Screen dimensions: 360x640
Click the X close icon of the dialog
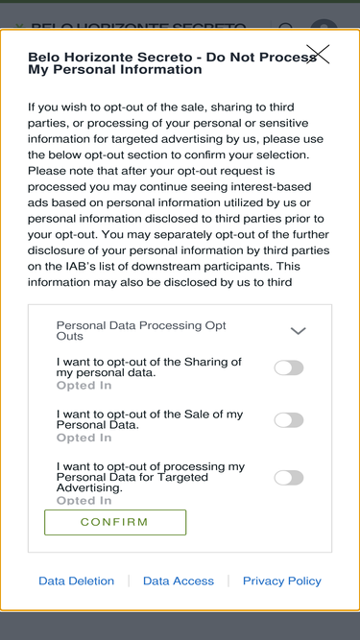pyautogui.click(x=318, y=54)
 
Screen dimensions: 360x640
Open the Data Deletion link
pyautogui.click(x=77, y=581)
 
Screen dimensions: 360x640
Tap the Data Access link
pyautogui.click(x=179, y=581)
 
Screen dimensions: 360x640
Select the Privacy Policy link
pyautogui.click(x=282, y=581)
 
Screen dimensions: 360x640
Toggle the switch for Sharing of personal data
pyautogui.click(x=289, y=367)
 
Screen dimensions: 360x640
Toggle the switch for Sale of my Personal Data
pyautogui.click(x=289, y=420)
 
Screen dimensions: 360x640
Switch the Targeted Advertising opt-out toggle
pyautogui.click(x=289, y=478)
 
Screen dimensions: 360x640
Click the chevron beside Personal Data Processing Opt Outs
pyautogui.click(x=298, y=331)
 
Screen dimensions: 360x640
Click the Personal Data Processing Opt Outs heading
pyautogui.click(x=141, y=331)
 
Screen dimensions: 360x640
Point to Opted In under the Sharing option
pyautogui.click(x=84, y=386)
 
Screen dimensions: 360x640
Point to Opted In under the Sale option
pyautogui.click(x=84, y=438)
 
